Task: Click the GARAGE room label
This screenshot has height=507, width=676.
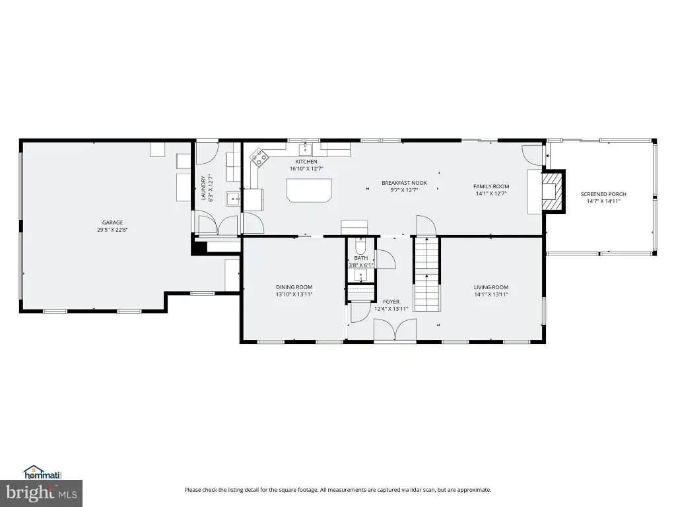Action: click(112, 222)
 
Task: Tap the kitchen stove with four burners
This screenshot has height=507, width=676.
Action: click(259, 157)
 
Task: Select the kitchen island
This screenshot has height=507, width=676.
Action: click(309, 190)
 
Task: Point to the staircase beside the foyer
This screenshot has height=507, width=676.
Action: click(427, 274)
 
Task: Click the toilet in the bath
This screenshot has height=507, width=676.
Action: click(360, 246)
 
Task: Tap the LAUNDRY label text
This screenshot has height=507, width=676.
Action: click(203, 188)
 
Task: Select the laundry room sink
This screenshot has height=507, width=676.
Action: click(233, 199)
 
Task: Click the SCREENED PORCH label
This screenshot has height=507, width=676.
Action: click(603, 194)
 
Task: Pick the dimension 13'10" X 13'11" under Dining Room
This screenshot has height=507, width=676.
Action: click(294, 294)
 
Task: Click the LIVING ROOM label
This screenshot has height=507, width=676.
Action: click(491, 287)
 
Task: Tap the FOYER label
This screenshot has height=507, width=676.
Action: click(391, 302)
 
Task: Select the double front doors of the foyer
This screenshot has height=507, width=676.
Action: click(395, 331)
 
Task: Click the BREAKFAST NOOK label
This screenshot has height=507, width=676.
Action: click(404, 183)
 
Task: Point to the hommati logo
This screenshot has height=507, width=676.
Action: click(43, 473)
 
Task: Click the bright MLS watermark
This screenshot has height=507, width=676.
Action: click(41, 493)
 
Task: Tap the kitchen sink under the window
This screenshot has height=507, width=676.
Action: click(306, 150)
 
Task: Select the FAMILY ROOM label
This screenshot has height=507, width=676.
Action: click(491, 186)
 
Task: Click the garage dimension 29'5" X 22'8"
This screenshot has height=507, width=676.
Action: click(112, 230)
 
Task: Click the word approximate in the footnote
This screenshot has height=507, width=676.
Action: click(474, 490)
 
